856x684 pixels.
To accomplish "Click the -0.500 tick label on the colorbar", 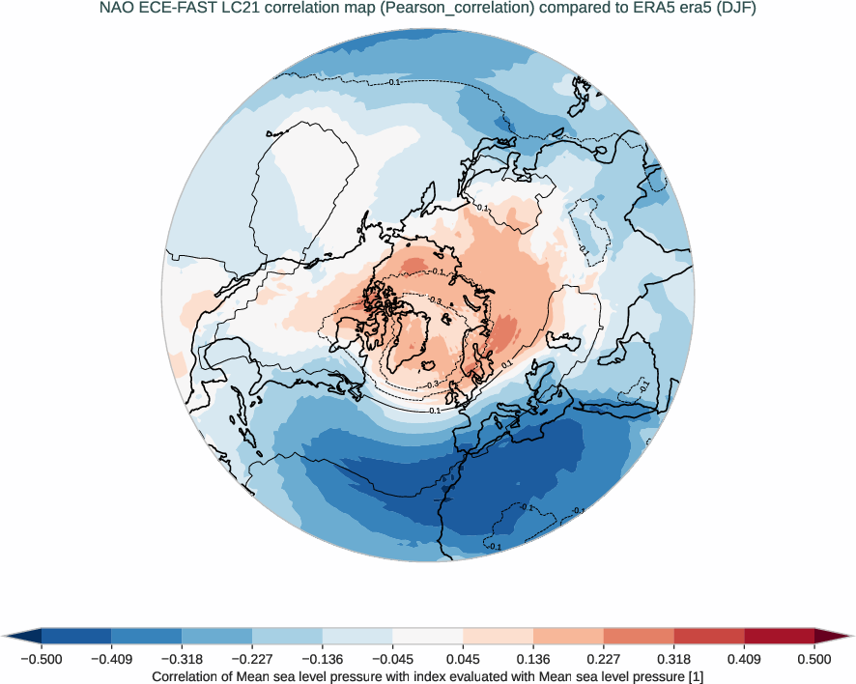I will [x=42, y=659].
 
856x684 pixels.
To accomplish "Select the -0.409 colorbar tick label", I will [x=111, y=659].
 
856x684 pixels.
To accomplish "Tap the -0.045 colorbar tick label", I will [x=392, y=659].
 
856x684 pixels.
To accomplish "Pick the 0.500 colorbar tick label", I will [x=814, y=659].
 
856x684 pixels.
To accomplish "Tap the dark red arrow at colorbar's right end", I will [x=833, y=635].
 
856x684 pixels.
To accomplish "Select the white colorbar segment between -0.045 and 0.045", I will [x=428, y=635].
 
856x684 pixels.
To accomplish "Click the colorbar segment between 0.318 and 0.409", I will [x=709, y=635].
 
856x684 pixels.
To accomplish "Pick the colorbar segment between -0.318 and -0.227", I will [x=217, y=635].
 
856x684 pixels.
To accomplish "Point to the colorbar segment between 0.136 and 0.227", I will [x=569, y=635].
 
